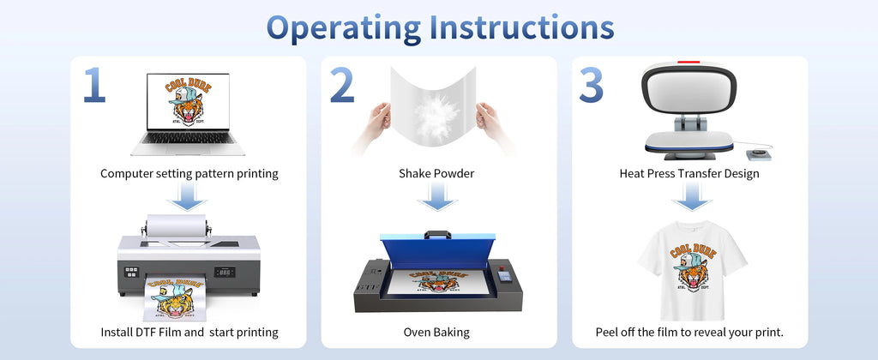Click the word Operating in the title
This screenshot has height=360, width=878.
(341, 27)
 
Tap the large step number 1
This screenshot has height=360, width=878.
(94, 87)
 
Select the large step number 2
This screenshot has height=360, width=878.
(341, 87)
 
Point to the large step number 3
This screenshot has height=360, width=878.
(592, 87)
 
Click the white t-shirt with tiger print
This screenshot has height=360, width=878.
(691, 266)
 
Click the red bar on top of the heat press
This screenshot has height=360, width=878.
(688, 63)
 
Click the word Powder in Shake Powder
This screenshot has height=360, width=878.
(454, 174)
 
